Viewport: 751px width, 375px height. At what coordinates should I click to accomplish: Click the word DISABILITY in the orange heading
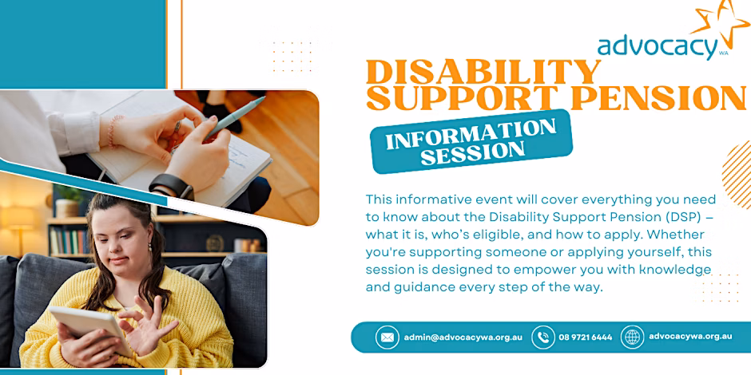point(483,73)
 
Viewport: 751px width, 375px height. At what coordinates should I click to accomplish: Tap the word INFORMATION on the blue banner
point(471,134)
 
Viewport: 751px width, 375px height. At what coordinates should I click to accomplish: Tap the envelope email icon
point(387,337)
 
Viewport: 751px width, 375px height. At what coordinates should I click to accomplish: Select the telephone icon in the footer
point(543,337)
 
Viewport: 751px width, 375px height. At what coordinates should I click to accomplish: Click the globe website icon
point(632,337)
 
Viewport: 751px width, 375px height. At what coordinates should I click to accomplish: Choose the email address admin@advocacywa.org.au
point(463,337)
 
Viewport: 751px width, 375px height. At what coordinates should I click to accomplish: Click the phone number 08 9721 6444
point(586,337)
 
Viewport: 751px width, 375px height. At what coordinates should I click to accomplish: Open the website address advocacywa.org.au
point(690,336)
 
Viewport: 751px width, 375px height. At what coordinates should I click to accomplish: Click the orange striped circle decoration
point(737,175)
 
